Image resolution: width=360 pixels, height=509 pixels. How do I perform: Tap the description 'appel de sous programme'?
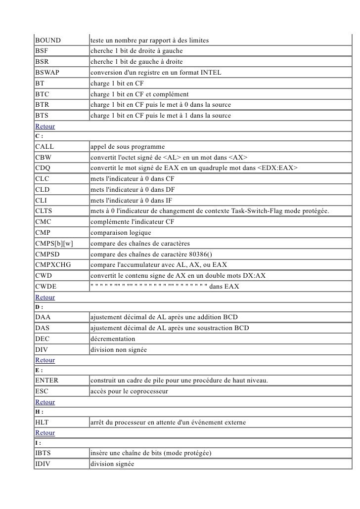click(x=127, y=147)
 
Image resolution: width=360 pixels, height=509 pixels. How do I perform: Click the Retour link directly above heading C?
click(x=45, y=126)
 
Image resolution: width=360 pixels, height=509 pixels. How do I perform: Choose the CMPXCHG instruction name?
click(x=53, y=264)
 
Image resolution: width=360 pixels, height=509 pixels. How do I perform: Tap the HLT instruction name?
click(x=42, y=423)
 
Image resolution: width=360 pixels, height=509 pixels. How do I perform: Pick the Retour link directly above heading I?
click(x=45, y=433)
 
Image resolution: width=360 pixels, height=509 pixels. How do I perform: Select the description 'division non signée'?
click(x=118, y=349)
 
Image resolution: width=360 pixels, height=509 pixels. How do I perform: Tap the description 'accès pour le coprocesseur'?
click(x=129, y=391)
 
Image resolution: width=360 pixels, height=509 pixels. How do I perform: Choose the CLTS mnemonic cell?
click(x=45, y=212)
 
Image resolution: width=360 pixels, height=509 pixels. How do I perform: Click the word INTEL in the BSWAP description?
click(x=211, y=73)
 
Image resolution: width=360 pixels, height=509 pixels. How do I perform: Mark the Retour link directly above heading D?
click(x=45, y=297)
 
